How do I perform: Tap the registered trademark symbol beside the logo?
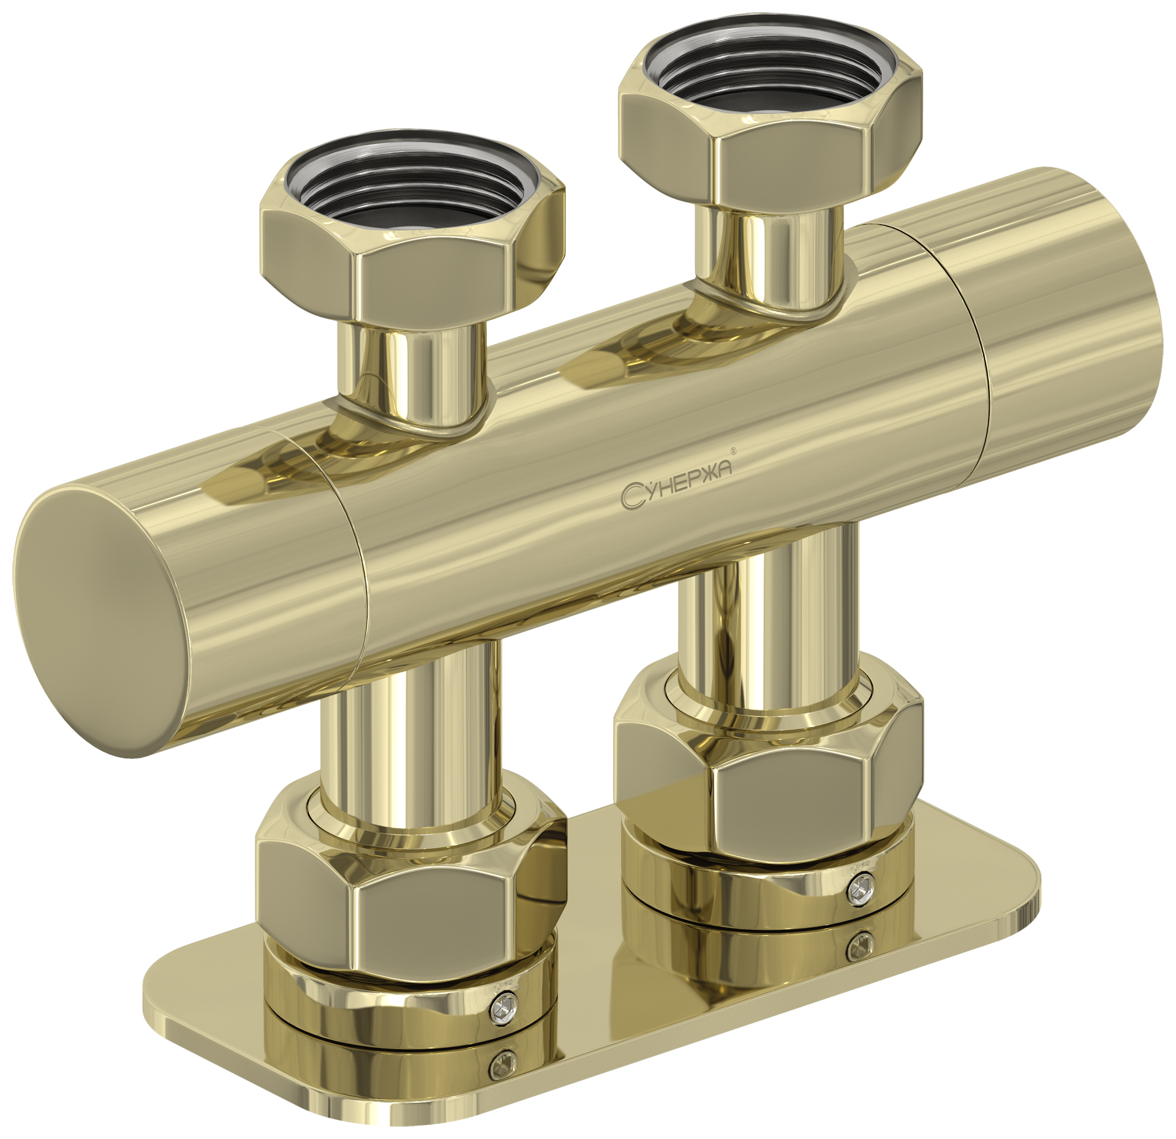pos(734,451)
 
